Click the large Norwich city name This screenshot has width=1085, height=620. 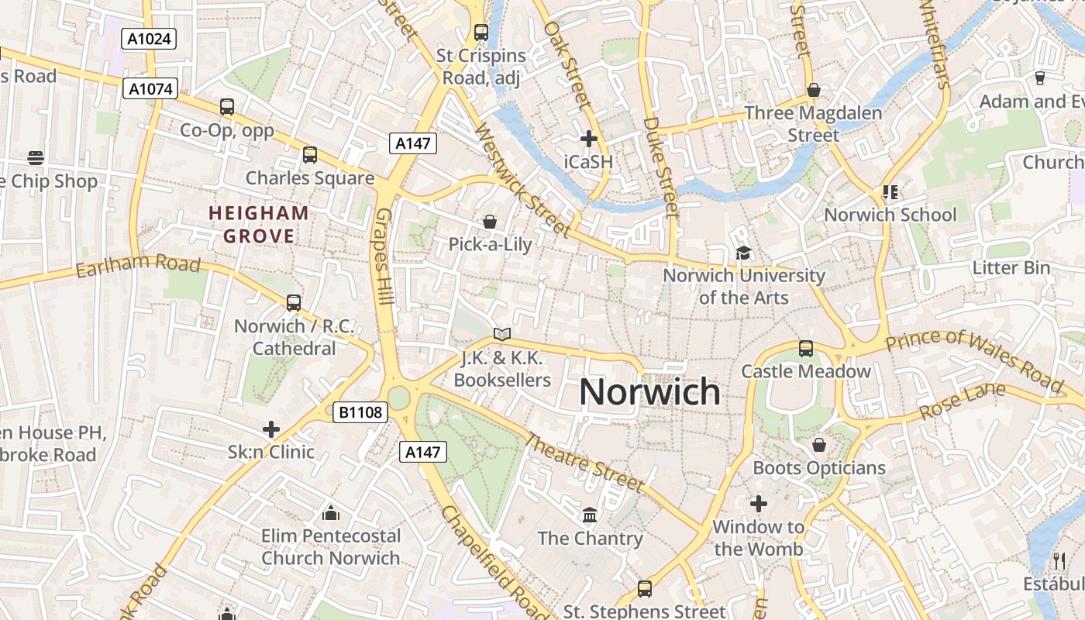pyautogui.click(x=649, y=392)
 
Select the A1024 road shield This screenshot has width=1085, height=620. pyautogui.click(x=149, y=39)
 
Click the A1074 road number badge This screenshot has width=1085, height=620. pyautogui.click(x=150, y=89)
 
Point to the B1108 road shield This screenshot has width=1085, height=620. pyautogui.click(x=361, y=412)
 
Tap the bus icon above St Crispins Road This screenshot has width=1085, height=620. pyautogui.click(x=481, y=33)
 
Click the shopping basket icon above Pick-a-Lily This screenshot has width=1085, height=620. pyautogui.click(x=490, y=222)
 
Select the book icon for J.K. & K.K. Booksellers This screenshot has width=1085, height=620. pyautogui.click(x=502, y=335)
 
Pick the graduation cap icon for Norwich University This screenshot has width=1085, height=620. pyautogui.click(x=743, y=253)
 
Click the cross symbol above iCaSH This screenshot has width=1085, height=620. pyautogui.click(x=589, y=139)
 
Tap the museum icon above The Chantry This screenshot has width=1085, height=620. pyautogui.click(x=590, y=515)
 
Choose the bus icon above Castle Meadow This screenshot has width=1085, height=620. pyautogui.click(x=806, y=349)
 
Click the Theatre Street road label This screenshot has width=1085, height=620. pyautogui.click(x=584, y=463)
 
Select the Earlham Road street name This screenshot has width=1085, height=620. pyautogui.click(x=138, y=266)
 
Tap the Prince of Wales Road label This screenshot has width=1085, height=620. pyautogui.click(x=974, y=360)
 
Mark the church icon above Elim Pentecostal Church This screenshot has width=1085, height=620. pyautogui.click(x=331, y=513)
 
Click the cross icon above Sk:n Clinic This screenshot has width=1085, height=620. pyautogui.click(x=271, y=429)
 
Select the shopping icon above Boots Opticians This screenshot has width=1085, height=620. pyautogui.click(x=819, y=445)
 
